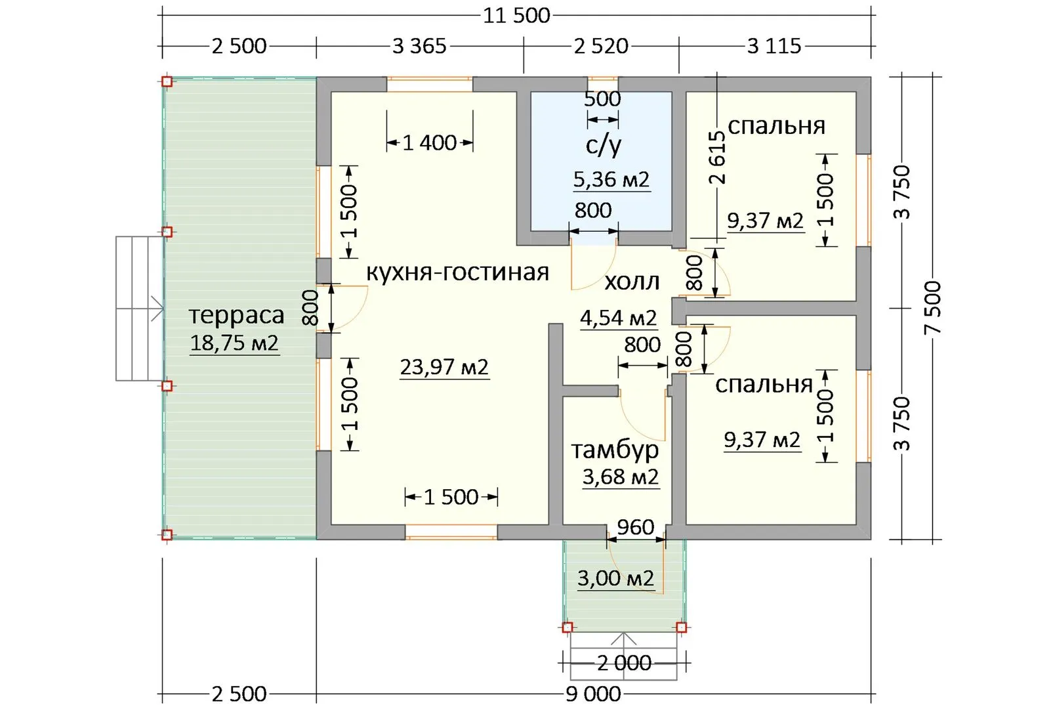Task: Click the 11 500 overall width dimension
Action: [516, 16]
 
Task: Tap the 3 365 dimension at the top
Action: [419, 46]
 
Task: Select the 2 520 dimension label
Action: [601, 46]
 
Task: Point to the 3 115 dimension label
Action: [774, 46]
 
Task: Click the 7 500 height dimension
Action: [932, 307]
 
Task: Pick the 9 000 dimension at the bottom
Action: [593, 694]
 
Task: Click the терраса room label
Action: [236, 315]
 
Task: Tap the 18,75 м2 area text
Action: [234, 343]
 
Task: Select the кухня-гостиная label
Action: [458, 272]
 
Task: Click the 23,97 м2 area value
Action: [445, 367]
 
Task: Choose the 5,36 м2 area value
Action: [611, 180]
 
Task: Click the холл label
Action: [632, 282]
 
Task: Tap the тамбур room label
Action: [615, 450]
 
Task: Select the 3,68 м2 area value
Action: [620, 477]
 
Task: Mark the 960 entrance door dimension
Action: [635, 527]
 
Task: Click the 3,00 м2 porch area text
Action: [616, 578]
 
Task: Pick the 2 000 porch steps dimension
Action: [625, 663]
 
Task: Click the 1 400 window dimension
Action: [430, 142]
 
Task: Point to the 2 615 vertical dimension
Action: [717, 157]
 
